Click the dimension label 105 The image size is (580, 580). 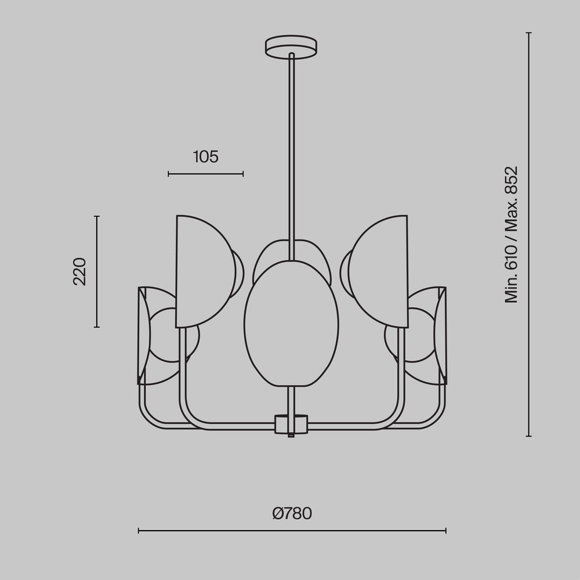205,157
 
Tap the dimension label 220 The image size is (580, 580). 79,271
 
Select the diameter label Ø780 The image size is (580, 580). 292,513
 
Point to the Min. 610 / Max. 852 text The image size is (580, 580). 510,234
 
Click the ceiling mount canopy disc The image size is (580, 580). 291,46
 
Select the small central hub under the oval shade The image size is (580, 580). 291,424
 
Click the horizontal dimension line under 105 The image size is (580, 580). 205,173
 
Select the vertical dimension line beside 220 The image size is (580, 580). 97,271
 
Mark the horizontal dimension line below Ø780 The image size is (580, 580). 292,530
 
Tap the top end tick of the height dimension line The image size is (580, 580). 528,33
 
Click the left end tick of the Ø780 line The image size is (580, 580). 139,530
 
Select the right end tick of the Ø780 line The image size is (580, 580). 445,530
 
